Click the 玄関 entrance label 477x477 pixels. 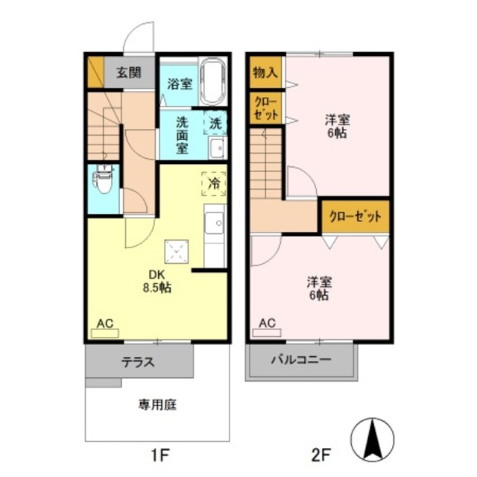128,73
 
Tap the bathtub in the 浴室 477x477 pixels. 213,82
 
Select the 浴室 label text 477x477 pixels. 179,84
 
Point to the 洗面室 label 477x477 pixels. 181,134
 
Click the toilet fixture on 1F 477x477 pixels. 103,180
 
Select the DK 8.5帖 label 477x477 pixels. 159,280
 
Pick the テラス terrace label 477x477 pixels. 138,363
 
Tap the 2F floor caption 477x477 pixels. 321,455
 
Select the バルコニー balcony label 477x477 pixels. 300,359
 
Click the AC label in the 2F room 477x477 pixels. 267,323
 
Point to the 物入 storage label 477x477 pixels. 265,73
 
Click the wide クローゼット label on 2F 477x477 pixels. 356,216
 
